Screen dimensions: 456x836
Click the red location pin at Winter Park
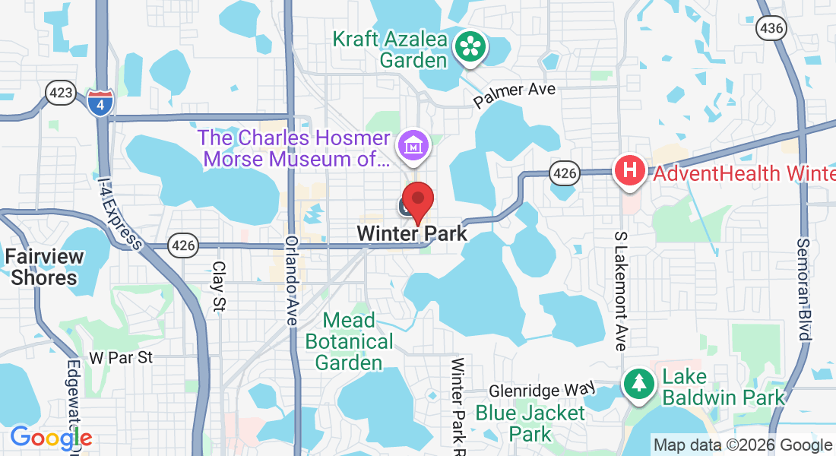[x=417, y=201]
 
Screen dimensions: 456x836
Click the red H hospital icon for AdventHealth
[x=629, y=170]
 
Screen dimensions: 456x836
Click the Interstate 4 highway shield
[x=100, y=102]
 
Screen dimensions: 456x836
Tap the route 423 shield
[x=60, y=93]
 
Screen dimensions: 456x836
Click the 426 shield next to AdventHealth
[x=565, y=173]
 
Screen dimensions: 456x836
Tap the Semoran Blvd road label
[x=804, y=290]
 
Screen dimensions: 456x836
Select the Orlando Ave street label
[x=291, y=281]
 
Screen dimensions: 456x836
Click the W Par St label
[x=121, y=356]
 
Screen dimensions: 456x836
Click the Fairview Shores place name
[x=44, y=267]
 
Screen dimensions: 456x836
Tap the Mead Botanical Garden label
[x=350, y=341]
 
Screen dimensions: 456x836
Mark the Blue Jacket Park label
[x=530, y=423]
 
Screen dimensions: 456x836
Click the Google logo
[x=51, y=438]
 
